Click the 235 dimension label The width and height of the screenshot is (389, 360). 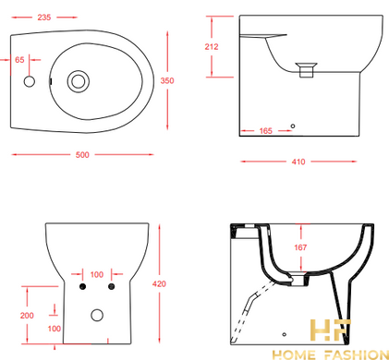[x=44, y=18]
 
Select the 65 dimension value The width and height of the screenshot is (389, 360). [x=19, y=60]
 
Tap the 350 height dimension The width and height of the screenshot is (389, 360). [x=167, y=80]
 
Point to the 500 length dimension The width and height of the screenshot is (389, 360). [x=82, y=155]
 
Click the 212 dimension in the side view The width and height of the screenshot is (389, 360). [x=212, y=47]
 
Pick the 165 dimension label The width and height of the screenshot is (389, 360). [x=266, y=131]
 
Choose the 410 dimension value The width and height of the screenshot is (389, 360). [x=298, y=162]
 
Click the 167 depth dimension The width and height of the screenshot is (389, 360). [x=300, y=247]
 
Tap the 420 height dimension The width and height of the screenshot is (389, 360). [x=159, y=283]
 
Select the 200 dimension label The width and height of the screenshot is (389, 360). [x=27, y=316]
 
